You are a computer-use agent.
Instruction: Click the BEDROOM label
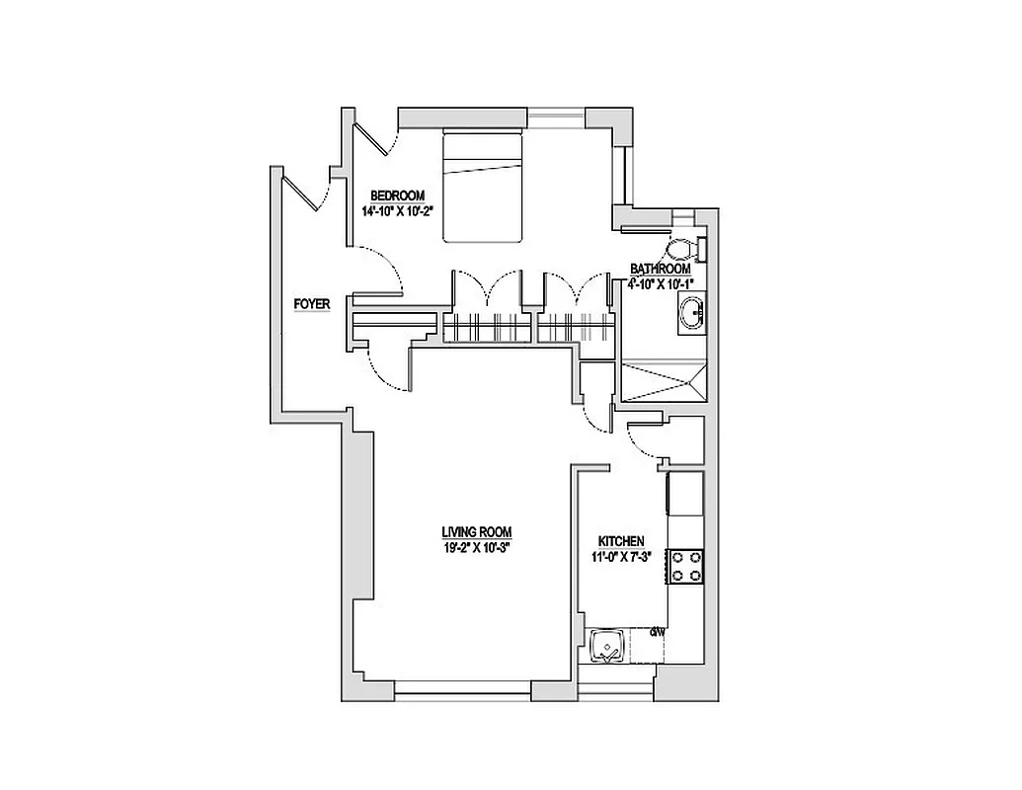click(397, 195)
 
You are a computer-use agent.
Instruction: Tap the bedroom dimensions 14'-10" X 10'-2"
click(397, 210)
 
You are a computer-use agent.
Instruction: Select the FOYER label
click(312, 304)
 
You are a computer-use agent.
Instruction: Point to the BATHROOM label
click(661, 269)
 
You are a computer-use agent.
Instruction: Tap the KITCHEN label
click(621, 541)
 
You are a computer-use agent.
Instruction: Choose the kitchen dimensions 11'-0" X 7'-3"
click(621, 557)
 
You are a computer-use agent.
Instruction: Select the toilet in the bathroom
click(684, 247)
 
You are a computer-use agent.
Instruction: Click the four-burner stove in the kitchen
click(686, 566)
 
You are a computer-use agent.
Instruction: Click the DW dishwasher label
click(658, 629)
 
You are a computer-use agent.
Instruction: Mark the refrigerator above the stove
click(685, 493)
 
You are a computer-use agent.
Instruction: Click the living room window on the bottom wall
click(463, 689)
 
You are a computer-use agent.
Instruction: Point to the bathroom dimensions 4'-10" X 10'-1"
click(661, 283)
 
